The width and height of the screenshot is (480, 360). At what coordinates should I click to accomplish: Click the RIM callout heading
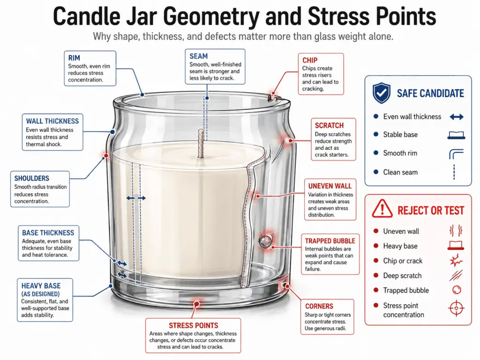[74, 58]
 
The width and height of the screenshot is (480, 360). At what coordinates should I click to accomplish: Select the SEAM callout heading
[199, 56]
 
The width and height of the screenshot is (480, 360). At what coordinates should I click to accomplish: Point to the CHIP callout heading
[310, 60]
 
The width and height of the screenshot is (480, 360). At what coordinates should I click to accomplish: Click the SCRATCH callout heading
[329, 126]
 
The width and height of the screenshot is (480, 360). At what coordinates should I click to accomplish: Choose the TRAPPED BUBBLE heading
[330, 241]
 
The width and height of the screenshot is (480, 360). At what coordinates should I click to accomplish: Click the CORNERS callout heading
[320, 306]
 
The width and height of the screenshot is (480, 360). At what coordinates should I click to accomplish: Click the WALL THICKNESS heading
[52, 121]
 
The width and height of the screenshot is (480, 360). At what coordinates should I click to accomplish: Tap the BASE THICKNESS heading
[48, 232]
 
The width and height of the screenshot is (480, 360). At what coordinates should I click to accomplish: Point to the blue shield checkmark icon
[381, 93]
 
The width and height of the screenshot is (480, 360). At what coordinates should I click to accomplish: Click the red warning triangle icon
[382, 210]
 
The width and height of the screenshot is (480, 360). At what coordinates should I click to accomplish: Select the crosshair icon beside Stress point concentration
[456, 308]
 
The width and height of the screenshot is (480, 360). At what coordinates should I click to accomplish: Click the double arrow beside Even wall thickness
[456, 117]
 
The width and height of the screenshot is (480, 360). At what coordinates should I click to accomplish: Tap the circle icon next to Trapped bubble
[456, 290]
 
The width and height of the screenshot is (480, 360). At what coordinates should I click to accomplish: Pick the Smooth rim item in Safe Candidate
[400, 153]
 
